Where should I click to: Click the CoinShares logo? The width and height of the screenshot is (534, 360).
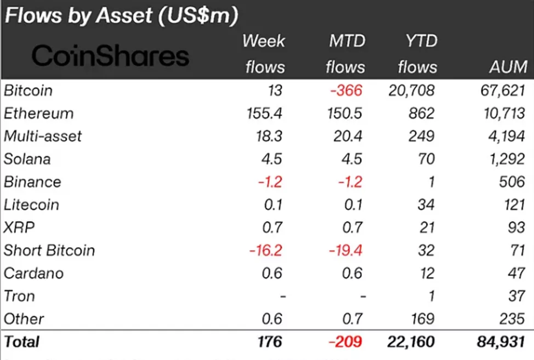[110, 55]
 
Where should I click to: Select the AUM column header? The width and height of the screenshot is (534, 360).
[508, 67]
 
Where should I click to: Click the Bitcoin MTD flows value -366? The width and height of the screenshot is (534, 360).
[346, 90]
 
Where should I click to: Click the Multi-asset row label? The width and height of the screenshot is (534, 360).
[43, 136]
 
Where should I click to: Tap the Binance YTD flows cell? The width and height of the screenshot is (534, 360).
[430, 182]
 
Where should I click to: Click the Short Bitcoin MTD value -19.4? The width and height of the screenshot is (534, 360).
[345, 250]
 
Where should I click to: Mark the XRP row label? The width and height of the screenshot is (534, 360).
[16, 227]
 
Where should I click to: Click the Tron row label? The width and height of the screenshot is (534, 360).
[19, 296]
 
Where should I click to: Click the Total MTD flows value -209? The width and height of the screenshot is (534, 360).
[345, 342]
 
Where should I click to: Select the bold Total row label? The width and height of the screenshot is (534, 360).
[22, 342]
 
